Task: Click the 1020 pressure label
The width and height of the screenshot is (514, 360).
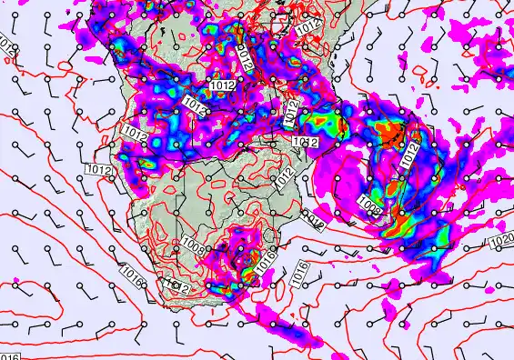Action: tap(499, 241)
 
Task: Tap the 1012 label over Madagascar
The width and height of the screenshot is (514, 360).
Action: tap(411, 155)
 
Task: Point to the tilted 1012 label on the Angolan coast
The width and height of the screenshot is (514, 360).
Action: tap(133, 135)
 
